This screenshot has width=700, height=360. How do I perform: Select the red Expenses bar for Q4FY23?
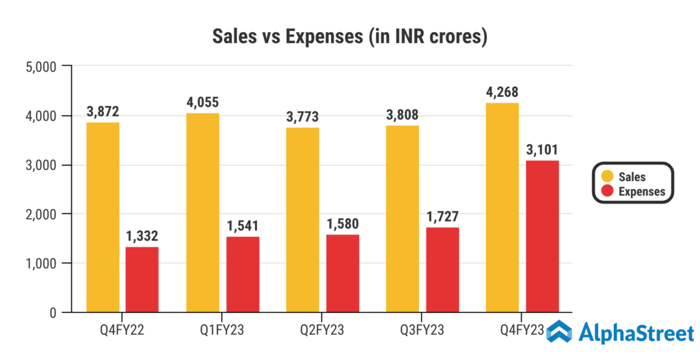pyautogui.click(x=542, y=236)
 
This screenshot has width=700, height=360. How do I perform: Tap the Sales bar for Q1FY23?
pyautogui.click(x=202, y=212)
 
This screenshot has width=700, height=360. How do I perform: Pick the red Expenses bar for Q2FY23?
pyautogui.click(x=342, y=273)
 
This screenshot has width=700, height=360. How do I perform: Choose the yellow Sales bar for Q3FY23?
pyautogui.click(x=402, y=219)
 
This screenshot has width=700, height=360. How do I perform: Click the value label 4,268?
pyautogui.click(x=502, y=92)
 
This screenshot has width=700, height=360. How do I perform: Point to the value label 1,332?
pyautogui.click(x=142, y=236)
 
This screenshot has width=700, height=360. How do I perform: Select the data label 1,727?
pyautogui.click(x=442, y=217)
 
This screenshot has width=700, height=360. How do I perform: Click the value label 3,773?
pyautogui.click(x=302, y=117)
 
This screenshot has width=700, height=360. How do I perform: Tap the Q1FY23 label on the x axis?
pyautogui.click(x=222, y=331)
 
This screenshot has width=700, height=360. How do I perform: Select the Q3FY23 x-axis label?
pyautogui.click(x=422, y=331)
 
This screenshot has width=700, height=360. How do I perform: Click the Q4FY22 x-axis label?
pyautogui.click(x=122, y=331)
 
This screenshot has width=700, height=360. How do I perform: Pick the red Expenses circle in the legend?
pyautogui.click(x=604, y=191)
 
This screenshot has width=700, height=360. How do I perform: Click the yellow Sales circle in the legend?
pyautogui.click(x=604, y=177)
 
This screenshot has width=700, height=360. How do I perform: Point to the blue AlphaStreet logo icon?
pyautogui.click(x=559, y=331)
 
